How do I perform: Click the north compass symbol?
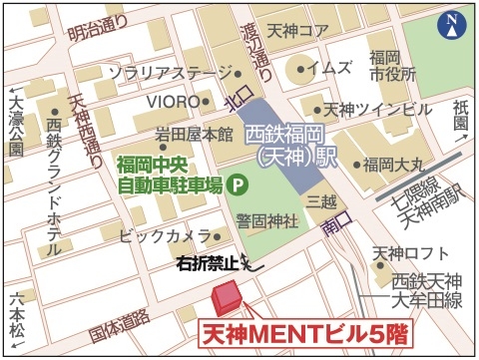pyautogui.click(x=454, y=23)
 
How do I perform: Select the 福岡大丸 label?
pyautogui.click(x=391, y=164)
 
